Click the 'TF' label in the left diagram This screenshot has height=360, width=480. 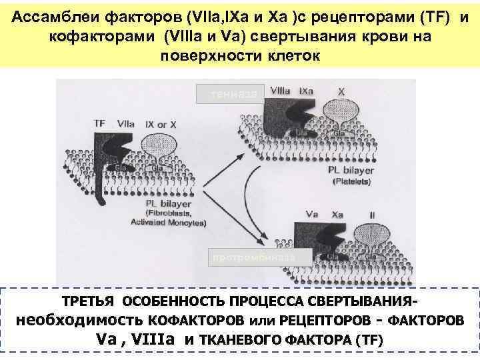tap(99, 123)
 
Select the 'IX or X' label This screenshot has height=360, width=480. tap(157, 123)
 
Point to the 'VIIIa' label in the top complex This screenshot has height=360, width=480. tap(280, 89)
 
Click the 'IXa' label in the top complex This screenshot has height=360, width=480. tap(307, 89)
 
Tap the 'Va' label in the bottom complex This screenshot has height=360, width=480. tap(311, 215)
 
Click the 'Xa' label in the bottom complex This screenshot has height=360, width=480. tap(338, 215)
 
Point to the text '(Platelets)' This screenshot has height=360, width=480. tap(351, 179)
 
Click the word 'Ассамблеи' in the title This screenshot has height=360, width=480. tap(51, 15)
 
